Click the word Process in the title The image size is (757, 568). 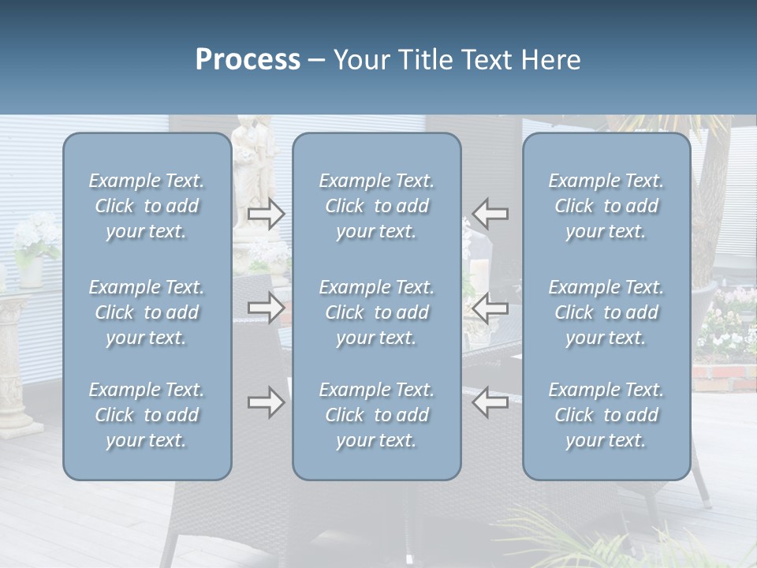[248, 60]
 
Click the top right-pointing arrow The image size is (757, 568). [267, 214]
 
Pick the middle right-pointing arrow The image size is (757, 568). [267, 308]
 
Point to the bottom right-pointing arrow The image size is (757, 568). [267, 402]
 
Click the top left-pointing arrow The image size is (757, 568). [490, 214]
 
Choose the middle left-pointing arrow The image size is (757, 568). [490, 308]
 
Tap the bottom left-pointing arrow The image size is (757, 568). [490, 402]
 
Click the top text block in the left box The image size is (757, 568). [147, 206]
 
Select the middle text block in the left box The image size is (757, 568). [147, 312]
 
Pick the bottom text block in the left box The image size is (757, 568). [147, 415]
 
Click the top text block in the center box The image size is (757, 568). [377, 206]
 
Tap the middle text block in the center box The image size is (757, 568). [377, 312]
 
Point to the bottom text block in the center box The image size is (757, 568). [377, 415]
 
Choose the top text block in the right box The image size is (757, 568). [606, 206]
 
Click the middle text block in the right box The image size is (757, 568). [606, 312]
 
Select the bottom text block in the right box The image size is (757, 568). [606, 415]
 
